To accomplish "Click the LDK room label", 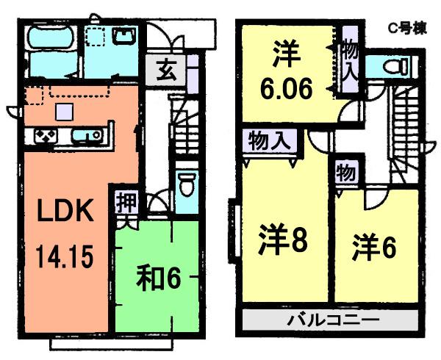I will point(65,212).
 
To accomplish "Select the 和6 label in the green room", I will point(157,278).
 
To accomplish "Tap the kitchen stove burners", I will point(43,136).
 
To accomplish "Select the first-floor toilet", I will point(186,183).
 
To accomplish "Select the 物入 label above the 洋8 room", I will point(268,139).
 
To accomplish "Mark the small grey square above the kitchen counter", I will point(65,111).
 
